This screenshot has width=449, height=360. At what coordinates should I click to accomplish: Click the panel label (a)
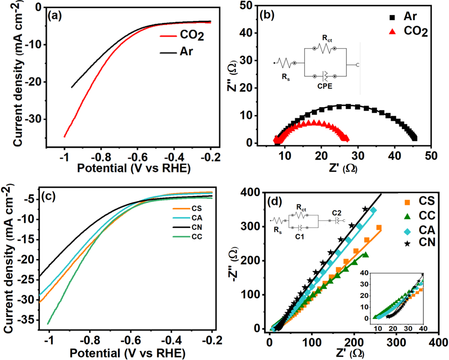click(x=55, y=15)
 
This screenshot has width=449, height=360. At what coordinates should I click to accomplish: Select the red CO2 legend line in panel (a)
click(x=168, y=36)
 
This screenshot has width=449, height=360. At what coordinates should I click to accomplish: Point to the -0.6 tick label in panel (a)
click(x=138, y=157)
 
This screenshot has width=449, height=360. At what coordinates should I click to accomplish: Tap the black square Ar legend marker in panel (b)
click(x=392, y=17)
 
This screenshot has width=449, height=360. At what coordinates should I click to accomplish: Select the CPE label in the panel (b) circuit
click(x=325, y=86)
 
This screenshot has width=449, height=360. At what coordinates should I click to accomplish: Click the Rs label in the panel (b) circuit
click(x=286, y=77)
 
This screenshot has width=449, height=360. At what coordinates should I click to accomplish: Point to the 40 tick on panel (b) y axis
click(x=246, y=33)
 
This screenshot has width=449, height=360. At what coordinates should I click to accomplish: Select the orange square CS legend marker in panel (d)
click(x=407, y=202)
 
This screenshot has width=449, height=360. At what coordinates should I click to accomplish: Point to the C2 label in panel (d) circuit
click(x=337, y=213)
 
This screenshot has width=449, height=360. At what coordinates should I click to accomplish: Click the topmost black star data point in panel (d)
click(x=365, y=209)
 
